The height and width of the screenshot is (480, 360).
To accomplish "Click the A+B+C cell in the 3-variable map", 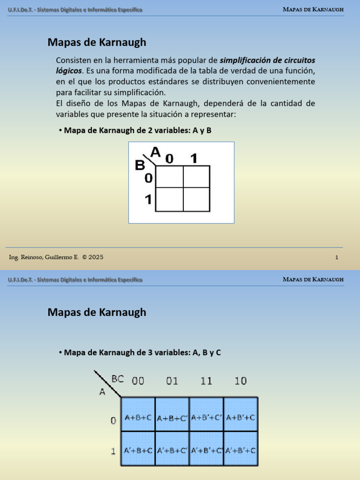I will pyautogui.click(x=138, y=416).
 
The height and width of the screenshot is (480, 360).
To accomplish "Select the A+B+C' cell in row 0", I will pyautogui.click(x=172, y=417).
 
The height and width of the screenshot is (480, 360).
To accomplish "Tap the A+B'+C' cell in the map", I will pyautogui.click(x=206, y=417).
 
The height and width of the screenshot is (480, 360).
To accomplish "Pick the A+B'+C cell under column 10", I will pyautogui.click(x=240, y=417).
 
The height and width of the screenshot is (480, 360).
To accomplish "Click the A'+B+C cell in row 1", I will pyautogui.click(x=138, y=450).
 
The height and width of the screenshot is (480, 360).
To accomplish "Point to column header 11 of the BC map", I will pyautogui.click(x=206, y=381).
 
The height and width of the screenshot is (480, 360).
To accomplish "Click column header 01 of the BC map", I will pyautogui.click(x=172, y=381).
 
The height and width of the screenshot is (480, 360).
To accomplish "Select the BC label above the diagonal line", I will pyautogui.click(x=118, y=378).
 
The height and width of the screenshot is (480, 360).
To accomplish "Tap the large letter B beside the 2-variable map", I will pyautogui.click(x=140, y=165).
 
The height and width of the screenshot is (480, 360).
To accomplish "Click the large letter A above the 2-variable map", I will pyautogui.click(x=156, y=151).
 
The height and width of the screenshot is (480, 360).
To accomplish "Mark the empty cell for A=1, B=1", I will pyautogui.click(x=196, y=200).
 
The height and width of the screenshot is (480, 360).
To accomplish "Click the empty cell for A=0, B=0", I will pyautogui.click(x=169, y=177).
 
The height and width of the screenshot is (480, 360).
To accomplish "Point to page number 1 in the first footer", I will pyautogui.click(x=337, y=257).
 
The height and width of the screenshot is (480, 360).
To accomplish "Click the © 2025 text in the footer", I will pyautogui.click(x=93, y=257).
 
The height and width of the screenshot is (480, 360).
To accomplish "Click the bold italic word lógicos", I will pyautogui.click(x=68, y=71).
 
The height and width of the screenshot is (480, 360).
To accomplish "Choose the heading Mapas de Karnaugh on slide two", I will pyautogui.click(x=97, y=312).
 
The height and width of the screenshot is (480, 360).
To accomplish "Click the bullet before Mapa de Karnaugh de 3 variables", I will pyautogui.click(x=60, y=352).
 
